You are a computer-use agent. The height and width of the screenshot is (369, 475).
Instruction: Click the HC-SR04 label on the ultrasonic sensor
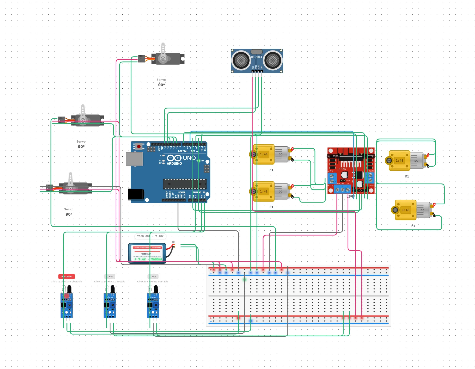pos(256,57)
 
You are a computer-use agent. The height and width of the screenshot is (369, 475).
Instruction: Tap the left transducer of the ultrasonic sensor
pos(241,60)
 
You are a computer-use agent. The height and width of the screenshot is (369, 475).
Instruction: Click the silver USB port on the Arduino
pos(134,159)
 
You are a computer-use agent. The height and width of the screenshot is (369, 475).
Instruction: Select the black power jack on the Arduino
pos(136,194)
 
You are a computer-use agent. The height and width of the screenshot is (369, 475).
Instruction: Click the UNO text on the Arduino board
pos(189,158)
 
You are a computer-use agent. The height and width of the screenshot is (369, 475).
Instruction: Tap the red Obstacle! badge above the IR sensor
pos(66,276)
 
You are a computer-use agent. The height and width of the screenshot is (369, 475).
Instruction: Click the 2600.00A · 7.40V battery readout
pos(150,236)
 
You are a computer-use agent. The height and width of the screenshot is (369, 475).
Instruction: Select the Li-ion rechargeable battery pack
pos(147,253)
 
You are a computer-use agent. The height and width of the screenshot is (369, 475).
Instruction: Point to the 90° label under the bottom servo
pos(69,214)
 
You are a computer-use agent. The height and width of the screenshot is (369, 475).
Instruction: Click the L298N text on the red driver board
pos(341,169)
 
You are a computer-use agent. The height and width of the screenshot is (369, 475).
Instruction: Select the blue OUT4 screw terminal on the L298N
pos(370,178)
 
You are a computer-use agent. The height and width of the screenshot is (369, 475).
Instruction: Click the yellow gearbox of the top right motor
pos(399,161)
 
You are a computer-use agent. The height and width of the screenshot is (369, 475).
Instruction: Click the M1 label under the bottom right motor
pos(413,226)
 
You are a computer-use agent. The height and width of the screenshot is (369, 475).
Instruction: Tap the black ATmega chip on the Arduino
pos(185,184)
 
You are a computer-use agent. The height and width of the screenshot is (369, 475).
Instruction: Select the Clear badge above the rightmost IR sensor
pos(153,276)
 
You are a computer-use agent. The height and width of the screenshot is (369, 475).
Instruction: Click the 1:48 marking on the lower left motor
pos(264,191)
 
